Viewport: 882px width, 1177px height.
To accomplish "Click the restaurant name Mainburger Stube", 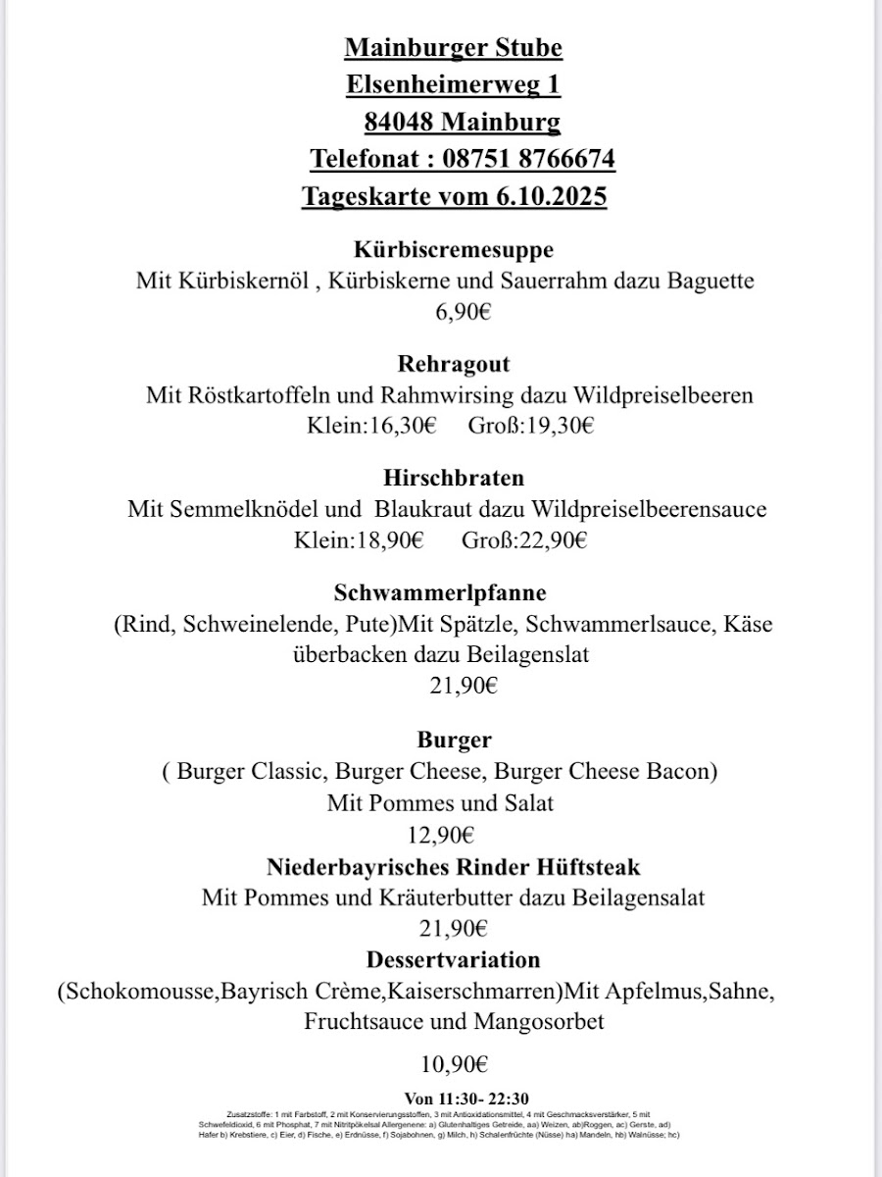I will [x=454, y=47].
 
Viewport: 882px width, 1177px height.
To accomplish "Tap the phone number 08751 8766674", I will [x=529, y=159].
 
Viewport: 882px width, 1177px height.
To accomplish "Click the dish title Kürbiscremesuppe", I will [x=454, y=249].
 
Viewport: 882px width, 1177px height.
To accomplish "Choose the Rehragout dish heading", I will [x=454, y=364].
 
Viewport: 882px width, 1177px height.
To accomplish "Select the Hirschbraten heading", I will [x=454, y=478].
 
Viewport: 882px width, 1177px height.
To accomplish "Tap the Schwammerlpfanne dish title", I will [x=440, y=592].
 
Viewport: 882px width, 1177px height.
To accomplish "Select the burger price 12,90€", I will [x=440, y=836].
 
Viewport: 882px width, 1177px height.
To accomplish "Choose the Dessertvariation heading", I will [x=454, y=958].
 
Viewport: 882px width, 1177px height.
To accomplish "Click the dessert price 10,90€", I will [x=454, y=1063].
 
